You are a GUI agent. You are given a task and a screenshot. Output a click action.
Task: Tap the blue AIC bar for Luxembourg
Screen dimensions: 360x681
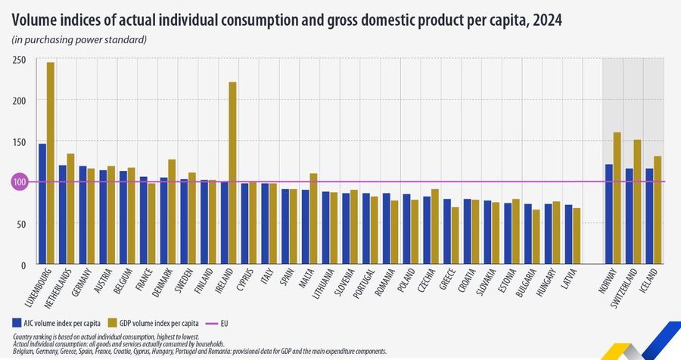42,203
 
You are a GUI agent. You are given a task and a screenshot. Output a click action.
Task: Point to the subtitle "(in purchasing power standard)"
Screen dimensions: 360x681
79,39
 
